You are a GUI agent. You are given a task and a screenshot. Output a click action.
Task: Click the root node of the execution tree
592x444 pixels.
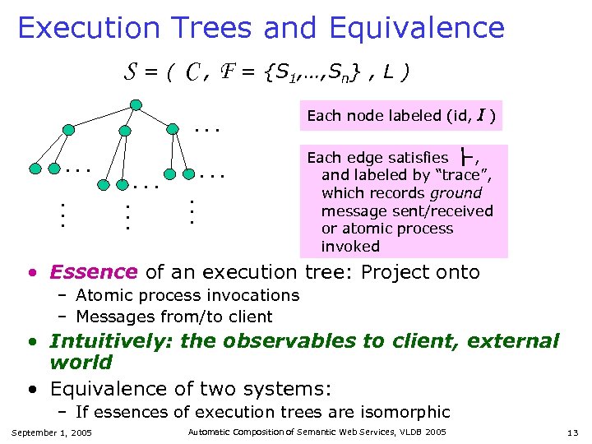point(136,104)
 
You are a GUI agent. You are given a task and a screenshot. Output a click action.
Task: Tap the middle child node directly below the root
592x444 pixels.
point(124,130)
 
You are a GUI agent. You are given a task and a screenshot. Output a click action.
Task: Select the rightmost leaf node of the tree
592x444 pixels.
point(190,174)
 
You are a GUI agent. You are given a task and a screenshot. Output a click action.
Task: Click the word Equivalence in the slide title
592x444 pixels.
point(416,28)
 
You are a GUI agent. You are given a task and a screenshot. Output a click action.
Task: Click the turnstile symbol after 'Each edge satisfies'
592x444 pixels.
point(468,156)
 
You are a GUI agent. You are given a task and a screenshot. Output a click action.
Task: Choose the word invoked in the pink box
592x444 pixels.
point(350,246)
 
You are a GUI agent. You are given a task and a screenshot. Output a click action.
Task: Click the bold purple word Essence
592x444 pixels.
point(93,272)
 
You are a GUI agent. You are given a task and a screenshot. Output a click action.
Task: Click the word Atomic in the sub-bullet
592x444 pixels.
point(101,295)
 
